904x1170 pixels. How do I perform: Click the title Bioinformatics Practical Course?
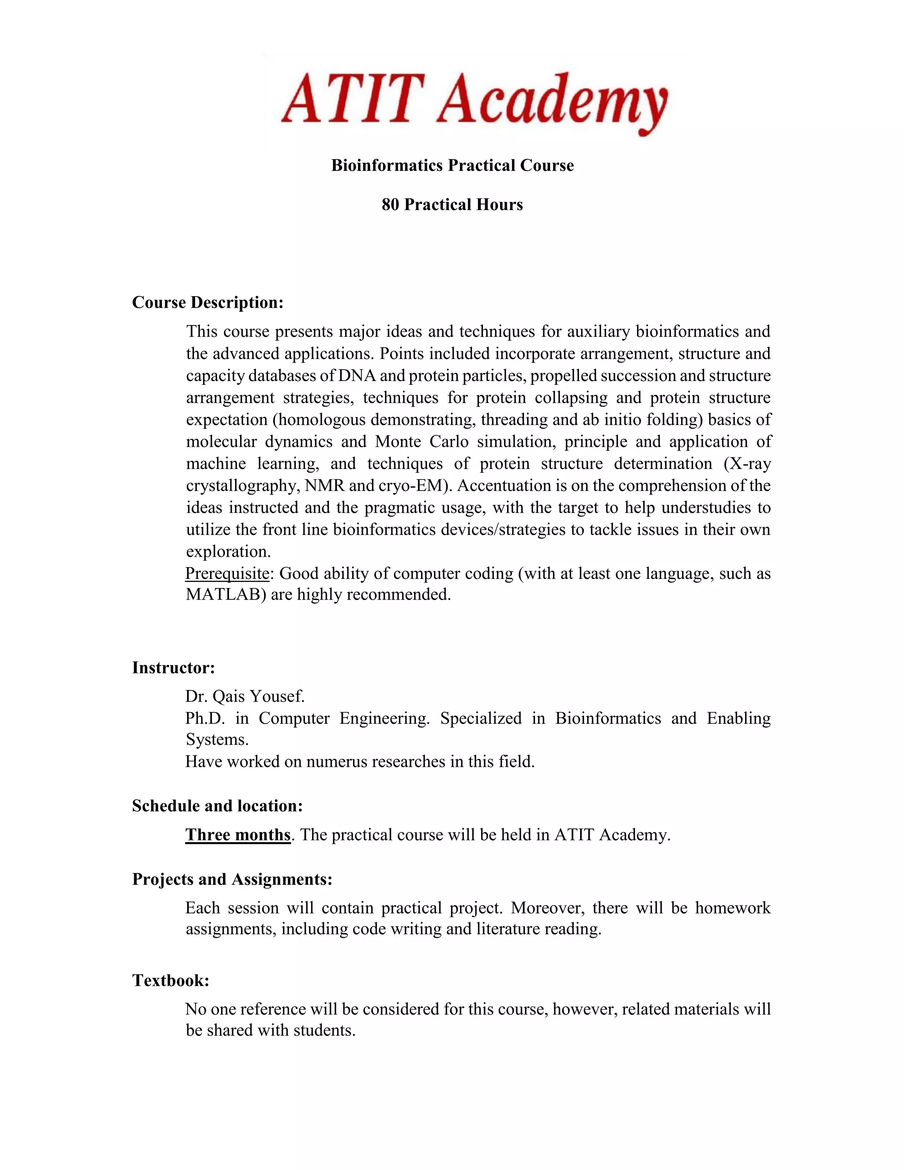coord(452,166)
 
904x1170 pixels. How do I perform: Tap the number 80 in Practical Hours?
coord(390,205)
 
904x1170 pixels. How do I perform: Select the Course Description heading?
coord(208,303)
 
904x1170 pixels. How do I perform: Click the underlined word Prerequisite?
coord(227,574)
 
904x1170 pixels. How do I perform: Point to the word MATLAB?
coord(226,595)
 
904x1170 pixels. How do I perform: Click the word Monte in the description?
coord(398,442)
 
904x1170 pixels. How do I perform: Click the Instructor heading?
coord(173,668)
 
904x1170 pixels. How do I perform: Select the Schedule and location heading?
coord(218,806)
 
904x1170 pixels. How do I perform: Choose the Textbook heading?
coord(171,980)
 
